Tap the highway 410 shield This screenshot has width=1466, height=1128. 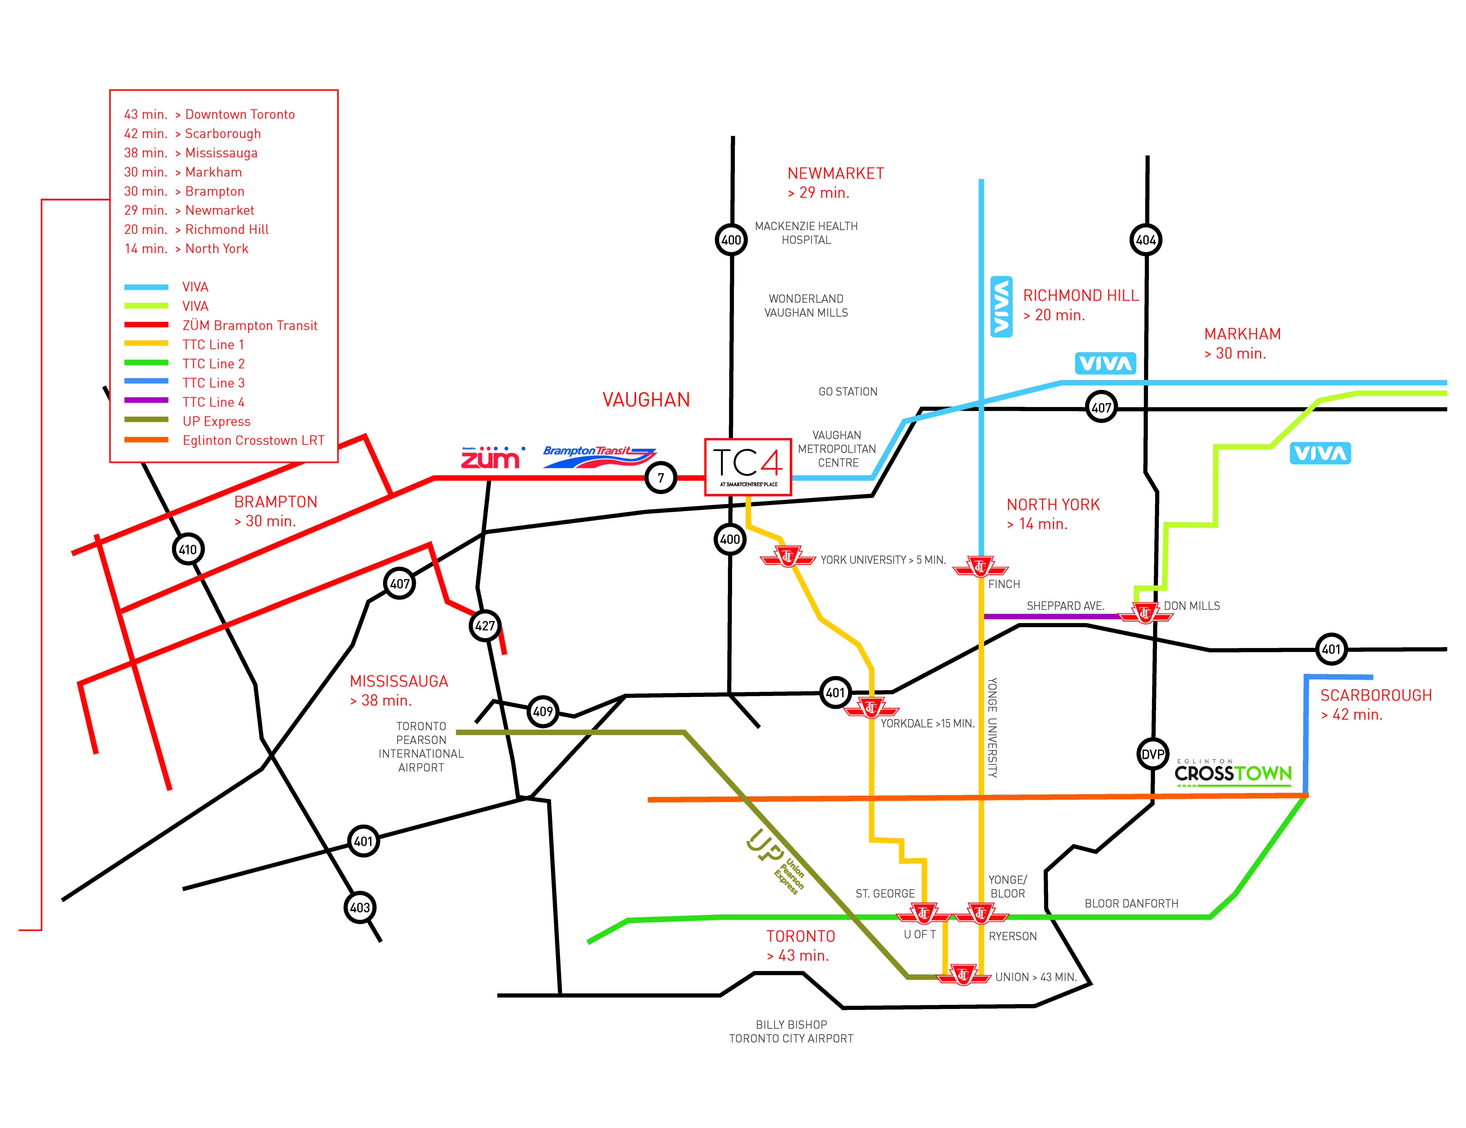pos(188,549)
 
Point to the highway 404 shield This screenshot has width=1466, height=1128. pos(1146,240)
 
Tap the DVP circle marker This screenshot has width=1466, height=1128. pos(1153,754)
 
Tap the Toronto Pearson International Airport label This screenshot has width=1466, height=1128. pos(421,747)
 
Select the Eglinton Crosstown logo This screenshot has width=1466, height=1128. pos(1233,772)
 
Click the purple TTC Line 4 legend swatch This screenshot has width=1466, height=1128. pos(146,400)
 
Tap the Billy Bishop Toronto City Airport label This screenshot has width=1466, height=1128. pos(791,1031)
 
